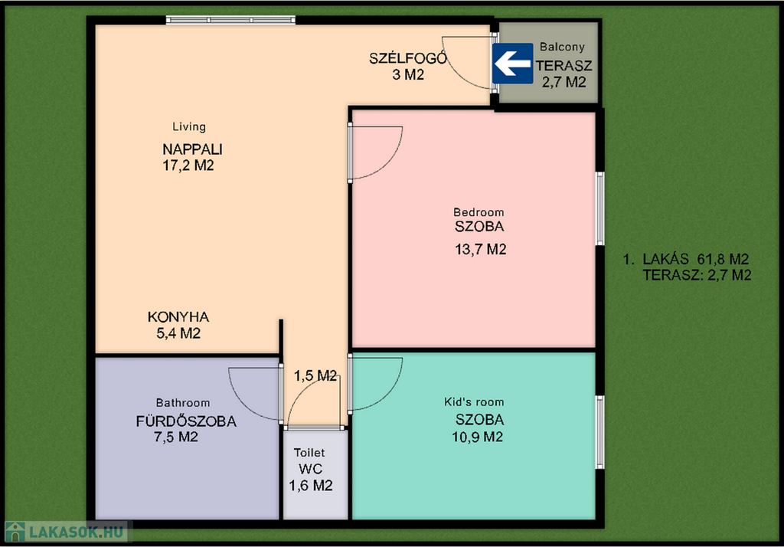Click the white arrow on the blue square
coord(512,64)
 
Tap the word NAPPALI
coord(192,149)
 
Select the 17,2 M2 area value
coord(188,165)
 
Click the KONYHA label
coord(178,317)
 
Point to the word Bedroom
coord(479,212)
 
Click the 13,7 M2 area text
coord(481,249)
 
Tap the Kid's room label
coord(474,402)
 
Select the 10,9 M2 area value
coord(478,437)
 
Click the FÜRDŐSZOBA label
coord(186,421)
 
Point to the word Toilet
coord(309,453)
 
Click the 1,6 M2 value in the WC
coord(311,486)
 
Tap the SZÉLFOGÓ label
coord(407,58)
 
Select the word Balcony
coord(562,47)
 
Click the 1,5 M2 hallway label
coord(315,376)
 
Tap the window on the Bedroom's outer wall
coord(599,208)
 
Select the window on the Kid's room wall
coord(599,432)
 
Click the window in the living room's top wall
coord(230,20)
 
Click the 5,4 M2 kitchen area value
coord(178,333)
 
